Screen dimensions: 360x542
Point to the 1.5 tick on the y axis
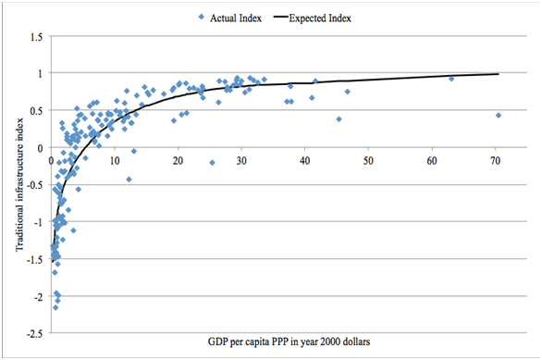click(37, 36)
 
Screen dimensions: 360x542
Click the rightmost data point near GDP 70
click(499, 116)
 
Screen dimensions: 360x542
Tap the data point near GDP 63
click(451, 79)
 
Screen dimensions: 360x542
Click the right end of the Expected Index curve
click(499, 74)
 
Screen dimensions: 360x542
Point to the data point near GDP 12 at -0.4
click(129, 179)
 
